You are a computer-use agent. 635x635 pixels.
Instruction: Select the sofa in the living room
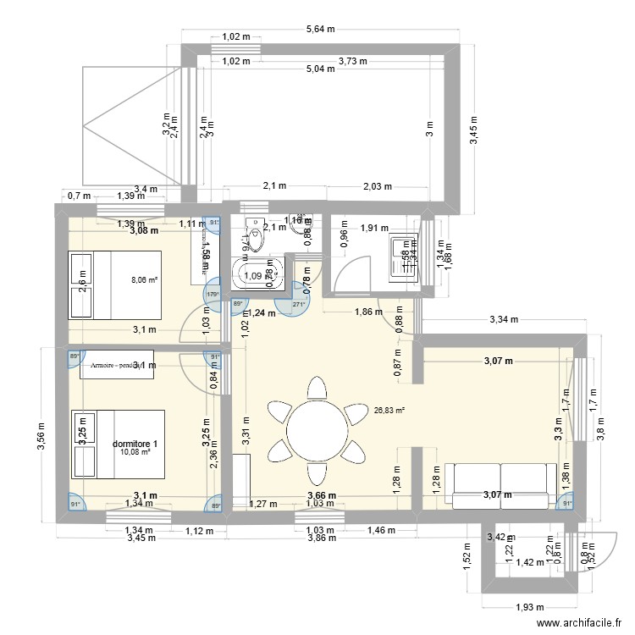point(502,486)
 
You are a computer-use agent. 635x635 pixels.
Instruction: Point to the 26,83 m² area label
point(389,410)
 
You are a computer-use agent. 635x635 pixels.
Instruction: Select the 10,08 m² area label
point(135,452)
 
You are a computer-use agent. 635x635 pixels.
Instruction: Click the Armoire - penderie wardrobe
point(117,365)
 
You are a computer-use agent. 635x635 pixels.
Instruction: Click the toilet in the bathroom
point(253,234)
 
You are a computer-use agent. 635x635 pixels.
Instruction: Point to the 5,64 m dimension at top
point(320,28)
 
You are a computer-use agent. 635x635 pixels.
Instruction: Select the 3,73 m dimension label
point(352,60)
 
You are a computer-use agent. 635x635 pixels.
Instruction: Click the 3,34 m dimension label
point(504,319)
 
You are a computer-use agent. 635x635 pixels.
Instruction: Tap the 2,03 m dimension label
point(377,186)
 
